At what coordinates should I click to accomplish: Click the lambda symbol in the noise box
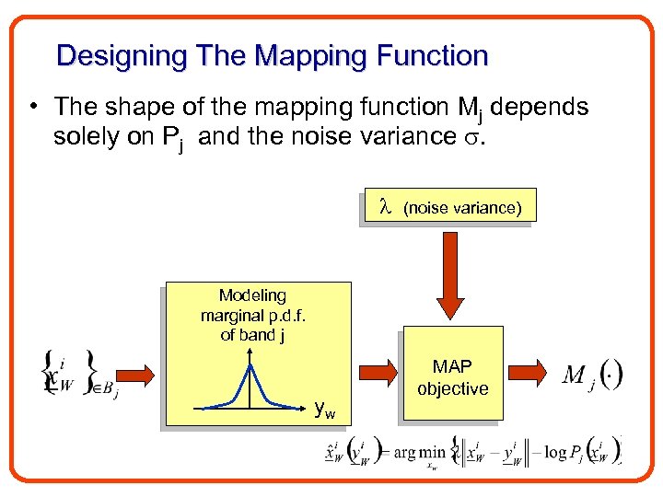pos(386,207)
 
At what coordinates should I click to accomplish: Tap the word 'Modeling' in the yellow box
pos(252,295)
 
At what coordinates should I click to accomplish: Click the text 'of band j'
pos(252,335)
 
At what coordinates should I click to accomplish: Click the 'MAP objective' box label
pos(452,377)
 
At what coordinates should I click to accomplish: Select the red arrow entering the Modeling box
pos(139,374)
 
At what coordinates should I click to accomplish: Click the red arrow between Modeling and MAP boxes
pos(377,374)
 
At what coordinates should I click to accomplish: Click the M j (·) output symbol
pos(593,376)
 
